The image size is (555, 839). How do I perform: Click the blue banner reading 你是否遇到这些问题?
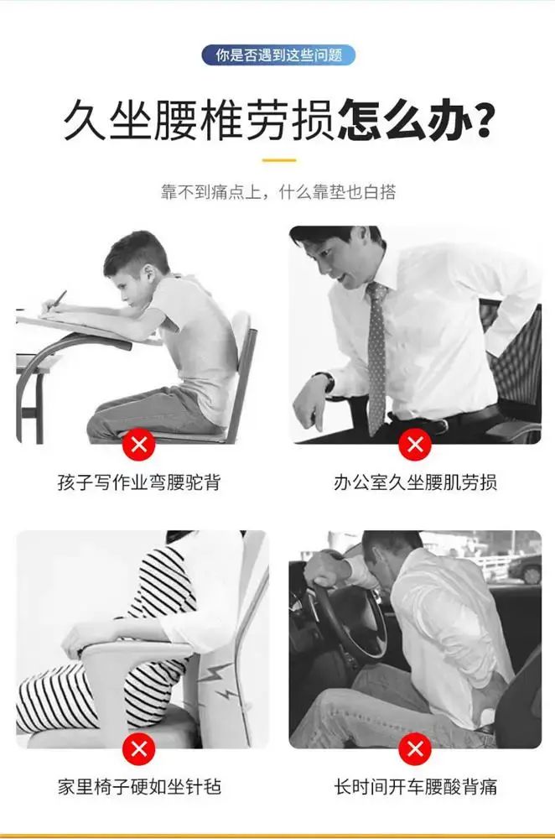click(x=278, y=55)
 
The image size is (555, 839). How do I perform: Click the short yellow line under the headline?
click(x=279, y=160)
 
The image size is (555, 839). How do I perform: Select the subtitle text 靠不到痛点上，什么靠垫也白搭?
click(x=278, y=191)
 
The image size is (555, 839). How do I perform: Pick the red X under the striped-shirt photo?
click(x=139, y=748)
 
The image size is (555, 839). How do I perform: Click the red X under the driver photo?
click(x=415, y=748)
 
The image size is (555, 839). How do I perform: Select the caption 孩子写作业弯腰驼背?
click(x=139, y=482)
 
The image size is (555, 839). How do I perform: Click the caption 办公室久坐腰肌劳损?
click(x=415, y=482)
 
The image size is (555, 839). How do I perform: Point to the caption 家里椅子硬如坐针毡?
click(x=139, y=787)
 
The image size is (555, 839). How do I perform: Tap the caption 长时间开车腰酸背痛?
click(x=415, y=787)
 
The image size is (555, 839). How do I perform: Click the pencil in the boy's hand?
click(x=57, y=300)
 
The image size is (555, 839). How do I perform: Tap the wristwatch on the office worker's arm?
click(x=327, y=382)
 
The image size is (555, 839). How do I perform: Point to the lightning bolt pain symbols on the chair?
click(x=220, y=682)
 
